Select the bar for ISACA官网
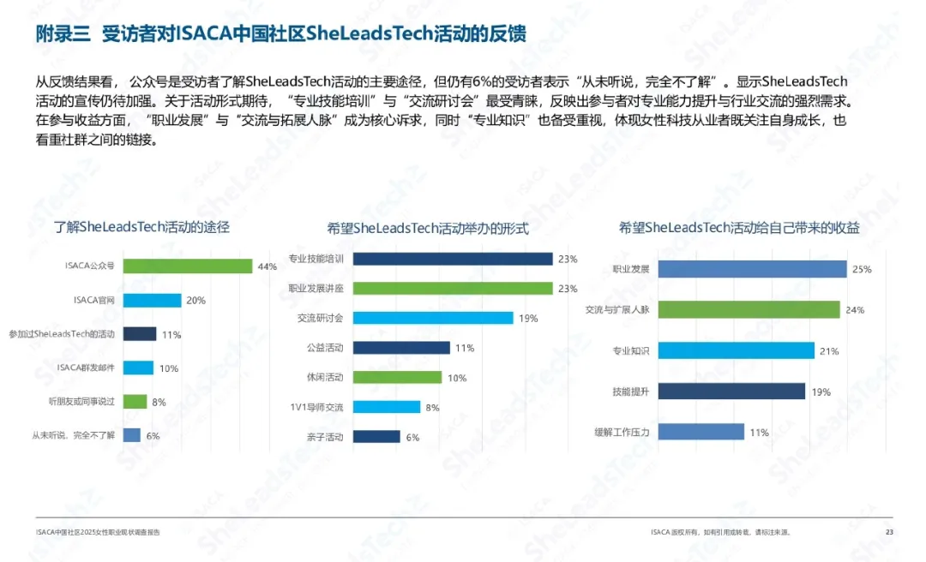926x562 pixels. [153, 301]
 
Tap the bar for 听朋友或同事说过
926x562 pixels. [135, 401]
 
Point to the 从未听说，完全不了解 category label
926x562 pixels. [73, 435]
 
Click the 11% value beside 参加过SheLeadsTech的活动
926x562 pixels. [171, 335]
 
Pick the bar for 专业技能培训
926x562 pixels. [452, 259]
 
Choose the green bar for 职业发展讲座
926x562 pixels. [452, 288]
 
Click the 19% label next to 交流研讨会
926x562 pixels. [528, 318]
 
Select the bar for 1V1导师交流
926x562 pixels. [386, 407]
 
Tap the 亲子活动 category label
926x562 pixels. [325, 437]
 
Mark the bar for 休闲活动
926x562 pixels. [397, 377]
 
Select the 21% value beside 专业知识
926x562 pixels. [829, 350]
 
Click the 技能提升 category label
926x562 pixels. [630, 392]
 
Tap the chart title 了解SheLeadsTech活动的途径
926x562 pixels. [142, 228]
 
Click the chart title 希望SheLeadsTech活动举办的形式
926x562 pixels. [428, 229]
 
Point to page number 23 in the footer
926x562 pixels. [888, 532]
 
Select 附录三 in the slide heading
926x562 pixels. [63, 33]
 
